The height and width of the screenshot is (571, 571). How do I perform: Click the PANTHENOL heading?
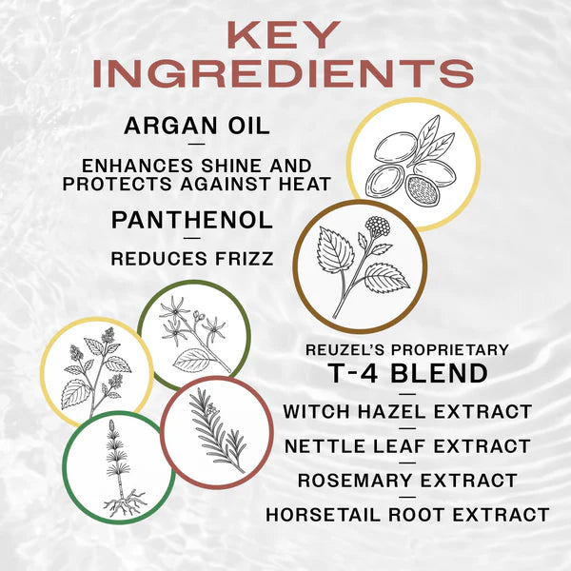click(x=192, y=219)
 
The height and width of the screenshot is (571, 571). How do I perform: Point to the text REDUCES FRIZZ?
click(x=191, y=257)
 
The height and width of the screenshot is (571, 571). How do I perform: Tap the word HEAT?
click(x=302, y=183)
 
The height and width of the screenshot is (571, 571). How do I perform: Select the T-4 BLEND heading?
click(x=406, y=374)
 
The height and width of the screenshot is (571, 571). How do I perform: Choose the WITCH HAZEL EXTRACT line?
click(x=406, y=412)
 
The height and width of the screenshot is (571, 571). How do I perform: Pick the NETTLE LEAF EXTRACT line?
click(x=406, y=445)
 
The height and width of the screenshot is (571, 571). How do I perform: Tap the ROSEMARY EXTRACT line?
click(x=406, y=481)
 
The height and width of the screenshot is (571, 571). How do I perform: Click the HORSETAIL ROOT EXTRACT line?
click(x=406, y=515)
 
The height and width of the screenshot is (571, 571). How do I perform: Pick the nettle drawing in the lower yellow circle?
click(x=95, y=372)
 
